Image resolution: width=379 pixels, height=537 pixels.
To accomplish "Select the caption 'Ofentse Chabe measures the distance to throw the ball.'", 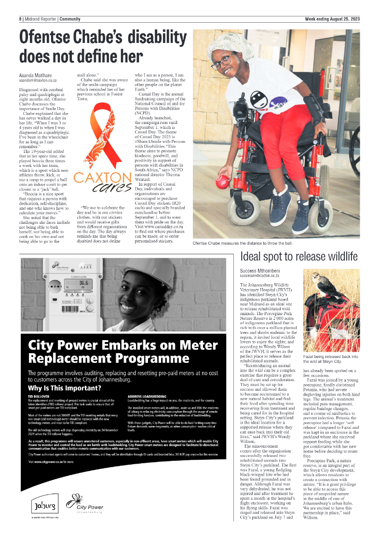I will (x=242, y=244).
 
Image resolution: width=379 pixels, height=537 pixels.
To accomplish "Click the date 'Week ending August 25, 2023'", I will (x=332, y=19).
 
